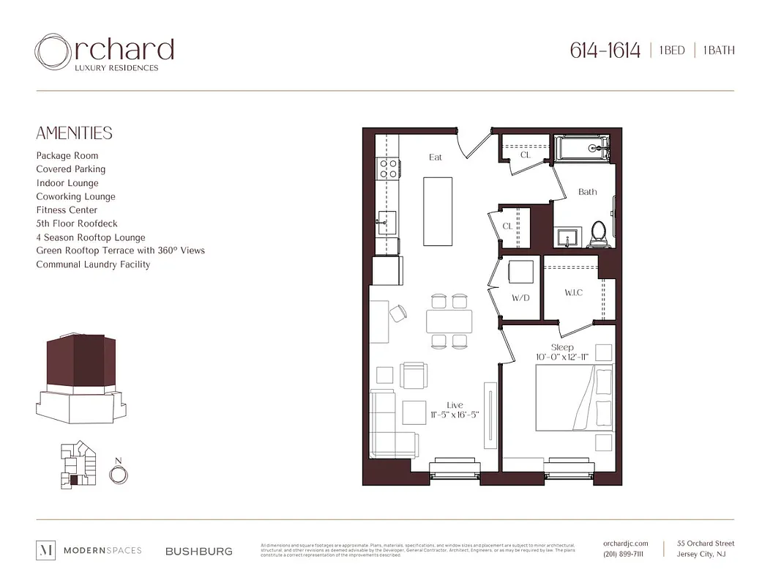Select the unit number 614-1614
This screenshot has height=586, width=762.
point(605,51)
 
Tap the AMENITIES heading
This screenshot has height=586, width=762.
point(74,133)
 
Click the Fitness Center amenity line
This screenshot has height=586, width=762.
point(67,210)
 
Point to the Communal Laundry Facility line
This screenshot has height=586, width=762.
point(93,264)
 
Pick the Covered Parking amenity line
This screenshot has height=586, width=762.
point(70,169)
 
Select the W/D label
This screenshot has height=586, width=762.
point(520,298)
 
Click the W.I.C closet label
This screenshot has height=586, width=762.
point(573,293)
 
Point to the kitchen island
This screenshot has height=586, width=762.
point(438,211)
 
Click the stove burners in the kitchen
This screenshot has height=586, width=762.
point(387,168)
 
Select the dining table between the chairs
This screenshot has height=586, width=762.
point(449,321)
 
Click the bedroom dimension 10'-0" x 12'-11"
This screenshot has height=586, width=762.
point(562,357)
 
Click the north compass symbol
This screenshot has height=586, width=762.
point(117,474)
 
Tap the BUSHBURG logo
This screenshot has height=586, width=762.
point(198,551)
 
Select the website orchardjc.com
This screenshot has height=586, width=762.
point(625,544)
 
